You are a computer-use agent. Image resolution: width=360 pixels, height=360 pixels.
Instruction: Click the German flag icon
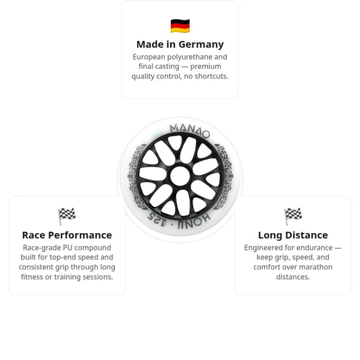(180, 26)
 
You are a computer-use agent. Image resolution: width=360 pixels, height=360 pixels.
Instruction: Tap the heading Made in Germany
(180, 45)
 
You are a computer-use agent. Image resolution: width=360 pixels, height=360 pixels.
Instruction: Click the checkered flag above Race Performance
(67, 216)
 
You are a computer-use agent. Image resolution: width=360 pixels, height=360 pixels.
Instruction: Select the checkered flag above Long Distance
(293, 216)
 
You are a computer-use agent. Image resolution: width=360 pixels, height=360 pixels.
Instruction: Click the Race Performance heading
(67, 235)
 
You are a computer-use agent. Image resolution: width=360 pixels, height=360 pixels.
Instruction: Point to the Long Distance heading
(293, 235)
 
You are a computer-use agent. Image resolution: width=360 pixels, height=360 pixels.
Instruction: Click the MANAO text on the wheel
(190, 130)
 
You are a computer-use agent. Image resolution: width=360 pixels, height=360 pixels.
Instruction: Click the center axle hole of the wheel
(180, 176)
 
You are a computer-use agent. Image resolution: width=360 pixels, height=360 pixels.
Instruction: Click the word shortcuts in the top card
(211, 76)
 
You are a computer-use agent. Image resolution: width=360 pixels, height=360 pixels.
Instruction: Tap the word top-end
(62, 257)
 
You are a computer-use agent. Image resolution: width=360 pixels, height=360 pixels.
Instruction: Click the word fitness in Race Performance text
(32, 277)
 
